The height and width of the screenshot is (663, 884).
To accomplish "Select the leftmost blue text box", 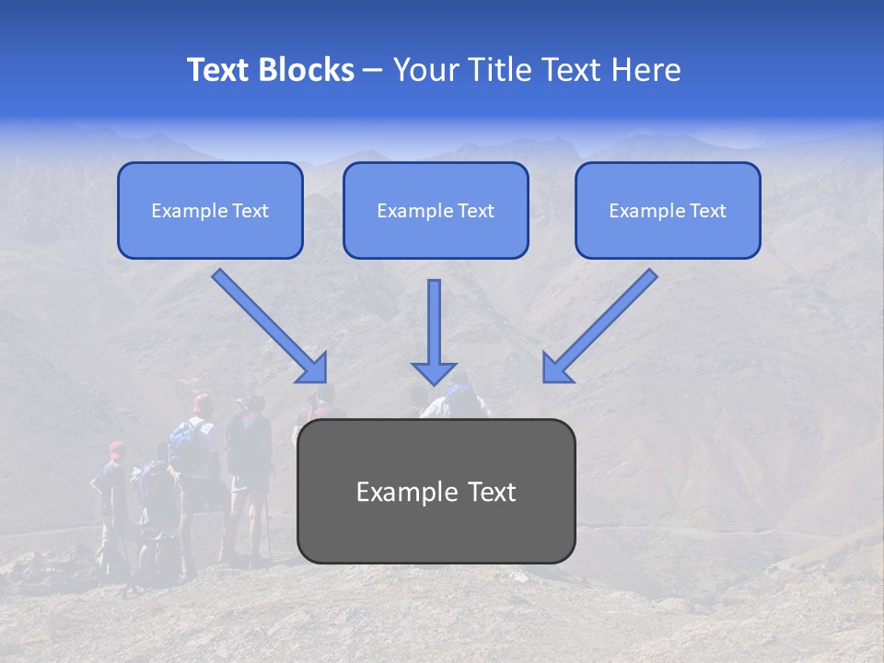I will point(210,210).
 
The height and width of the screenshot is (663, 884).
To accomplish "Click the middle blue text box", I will point(436,210).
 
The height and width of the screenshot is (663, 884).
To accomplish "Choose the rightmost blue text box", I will point(668,210).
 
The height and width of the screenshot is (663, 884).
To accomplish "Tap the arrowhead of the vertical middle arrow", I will point(434,372).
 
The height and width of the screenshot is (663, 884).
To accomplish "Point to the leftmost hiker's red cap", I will point(115,448).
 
